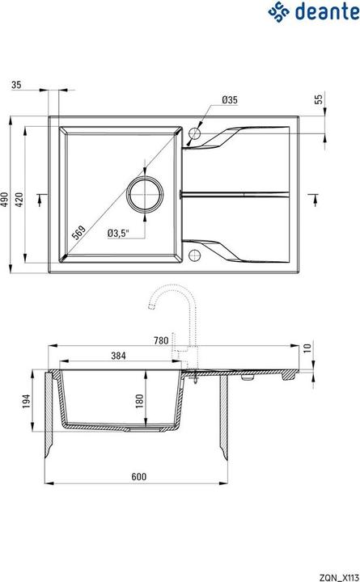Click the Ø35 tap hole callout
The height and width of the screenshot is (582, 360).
[228, 99]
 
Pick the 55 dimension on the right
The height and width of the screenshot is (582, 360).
[318, 99]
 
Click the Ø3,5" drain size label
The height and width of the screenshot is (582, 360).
[119, 234]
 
